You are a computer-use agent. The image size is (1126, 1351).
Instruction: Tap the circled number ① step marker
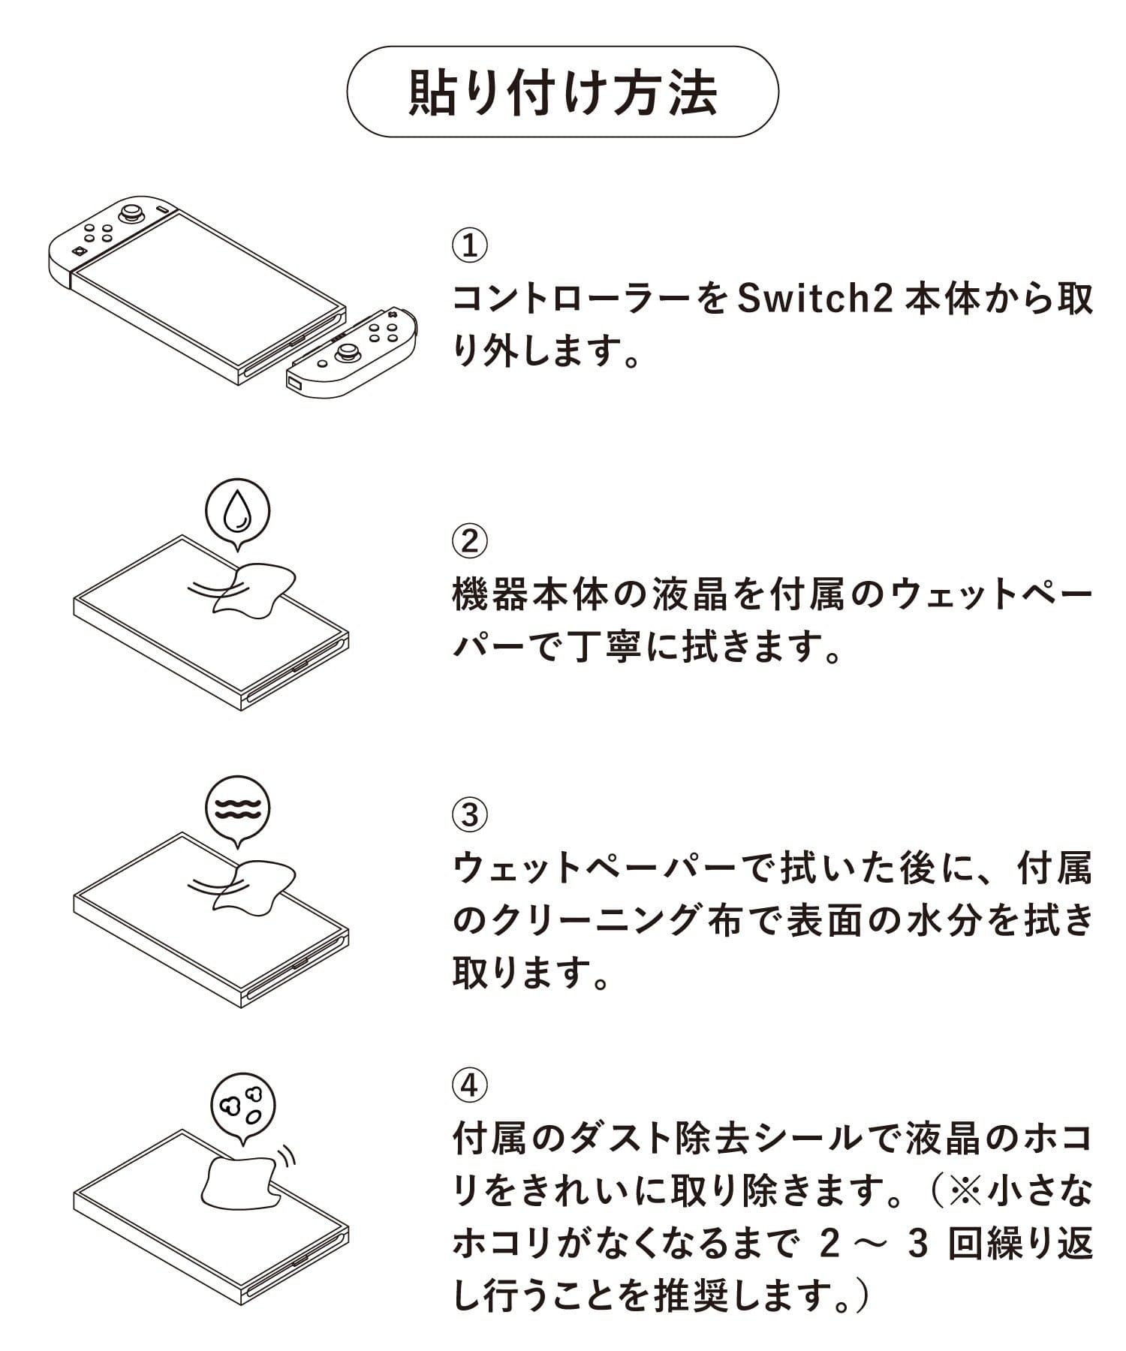click(x=470, y=245)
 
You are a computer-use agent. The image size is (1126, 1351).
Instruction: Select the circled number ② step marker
click(x=470, y=540)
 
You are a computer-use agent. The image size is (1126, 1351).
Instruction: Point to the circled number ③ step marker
click(x=470, y=814)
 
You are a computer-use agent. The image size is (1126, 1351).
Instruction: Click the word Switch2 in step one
click(x=814, y=299)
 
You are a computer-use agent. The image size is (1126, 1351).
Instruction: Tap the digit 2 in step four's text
click(x=829, y=1247)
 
